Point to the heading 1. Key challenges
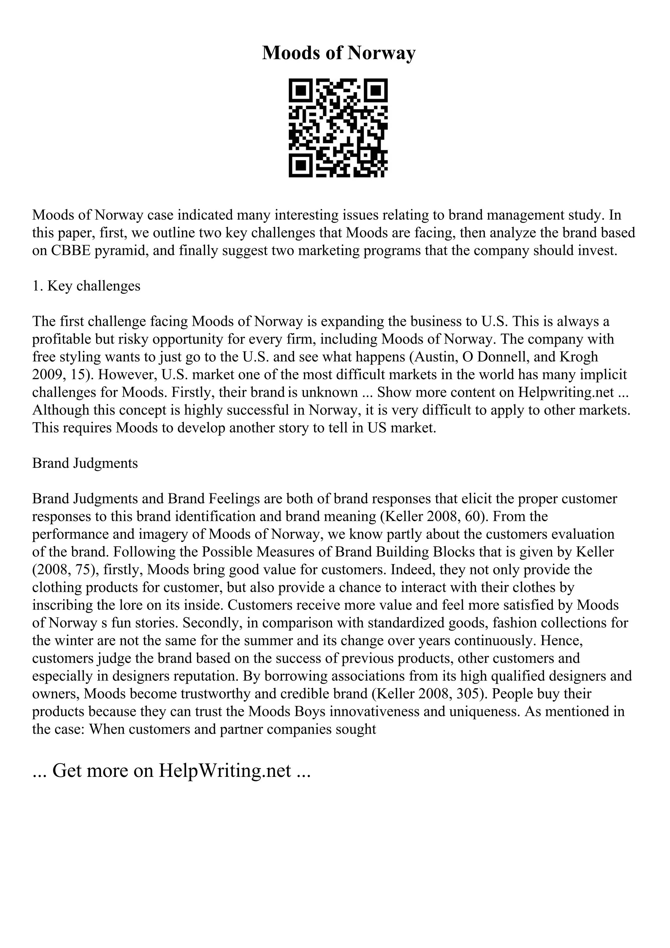tap(86, 286)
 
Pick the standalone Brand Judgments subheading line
tap(85, 463)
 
